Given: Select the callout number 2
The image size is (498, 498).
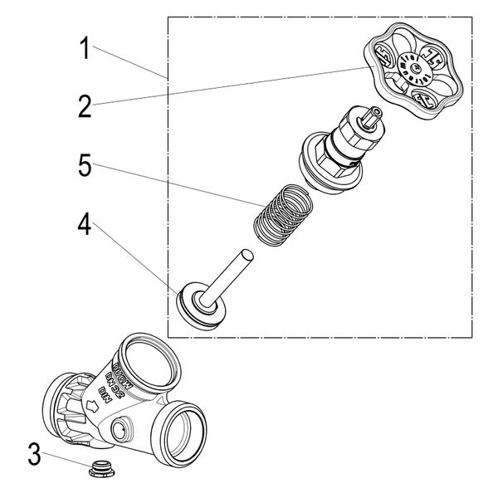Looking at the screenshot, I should (84, 105).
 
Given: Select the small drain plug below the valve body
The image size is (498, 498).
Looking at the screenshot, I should (101, 470).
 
